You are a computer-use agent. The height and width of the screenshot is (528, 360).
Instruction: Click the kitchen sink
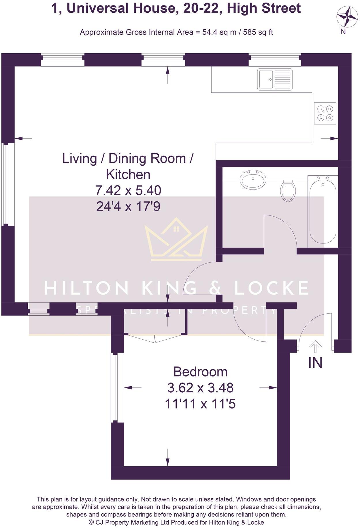(x=274, y=79)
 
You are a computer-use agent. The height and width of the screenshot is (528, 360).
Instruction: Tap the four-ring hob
(x=325, y=113)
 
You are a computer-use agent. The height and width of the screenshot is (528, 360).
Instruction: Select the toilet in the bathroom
(x=288, y=190)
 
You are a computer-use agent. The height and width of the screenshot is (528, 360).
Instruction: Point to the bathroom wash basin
(x=253, y=179)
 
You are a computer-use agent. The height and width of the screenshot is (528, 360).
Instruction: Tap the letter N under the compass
(x=343, y=32)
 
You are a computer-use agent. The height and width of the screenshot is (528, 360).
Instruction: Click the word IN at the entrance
(x=315, y=363)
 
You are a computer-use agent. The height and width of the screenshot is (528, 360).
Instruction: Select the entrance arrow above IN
(x=315, y=346)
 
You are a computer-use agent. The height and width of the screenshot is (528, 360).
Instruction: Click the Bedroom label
(x=200, y=372)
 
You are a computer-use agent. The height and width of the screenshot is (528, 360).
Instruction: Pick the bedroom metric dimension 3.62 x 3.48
(x=200, y=388)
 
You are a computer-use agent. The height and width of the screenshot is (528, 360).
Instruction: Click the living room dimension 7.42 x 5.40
(x=128, y=190)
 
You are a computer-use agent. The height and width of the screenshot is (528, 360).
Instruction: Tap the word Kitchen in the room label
(x=128, y=175)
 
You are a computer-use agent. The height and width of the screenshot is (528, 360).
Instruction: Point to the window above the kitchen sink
(x=274, y=60)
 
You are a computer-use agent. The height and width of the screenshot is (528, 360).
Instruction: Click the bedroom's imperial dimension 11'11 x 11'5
(x=200, y=404)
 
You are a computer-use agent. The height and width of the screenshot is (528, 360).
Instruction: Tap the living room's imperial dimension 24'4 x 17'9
(x=128, y=206)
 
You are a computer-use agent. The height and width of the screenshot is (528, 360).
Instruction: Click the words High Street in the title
(x=264, y=8)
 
